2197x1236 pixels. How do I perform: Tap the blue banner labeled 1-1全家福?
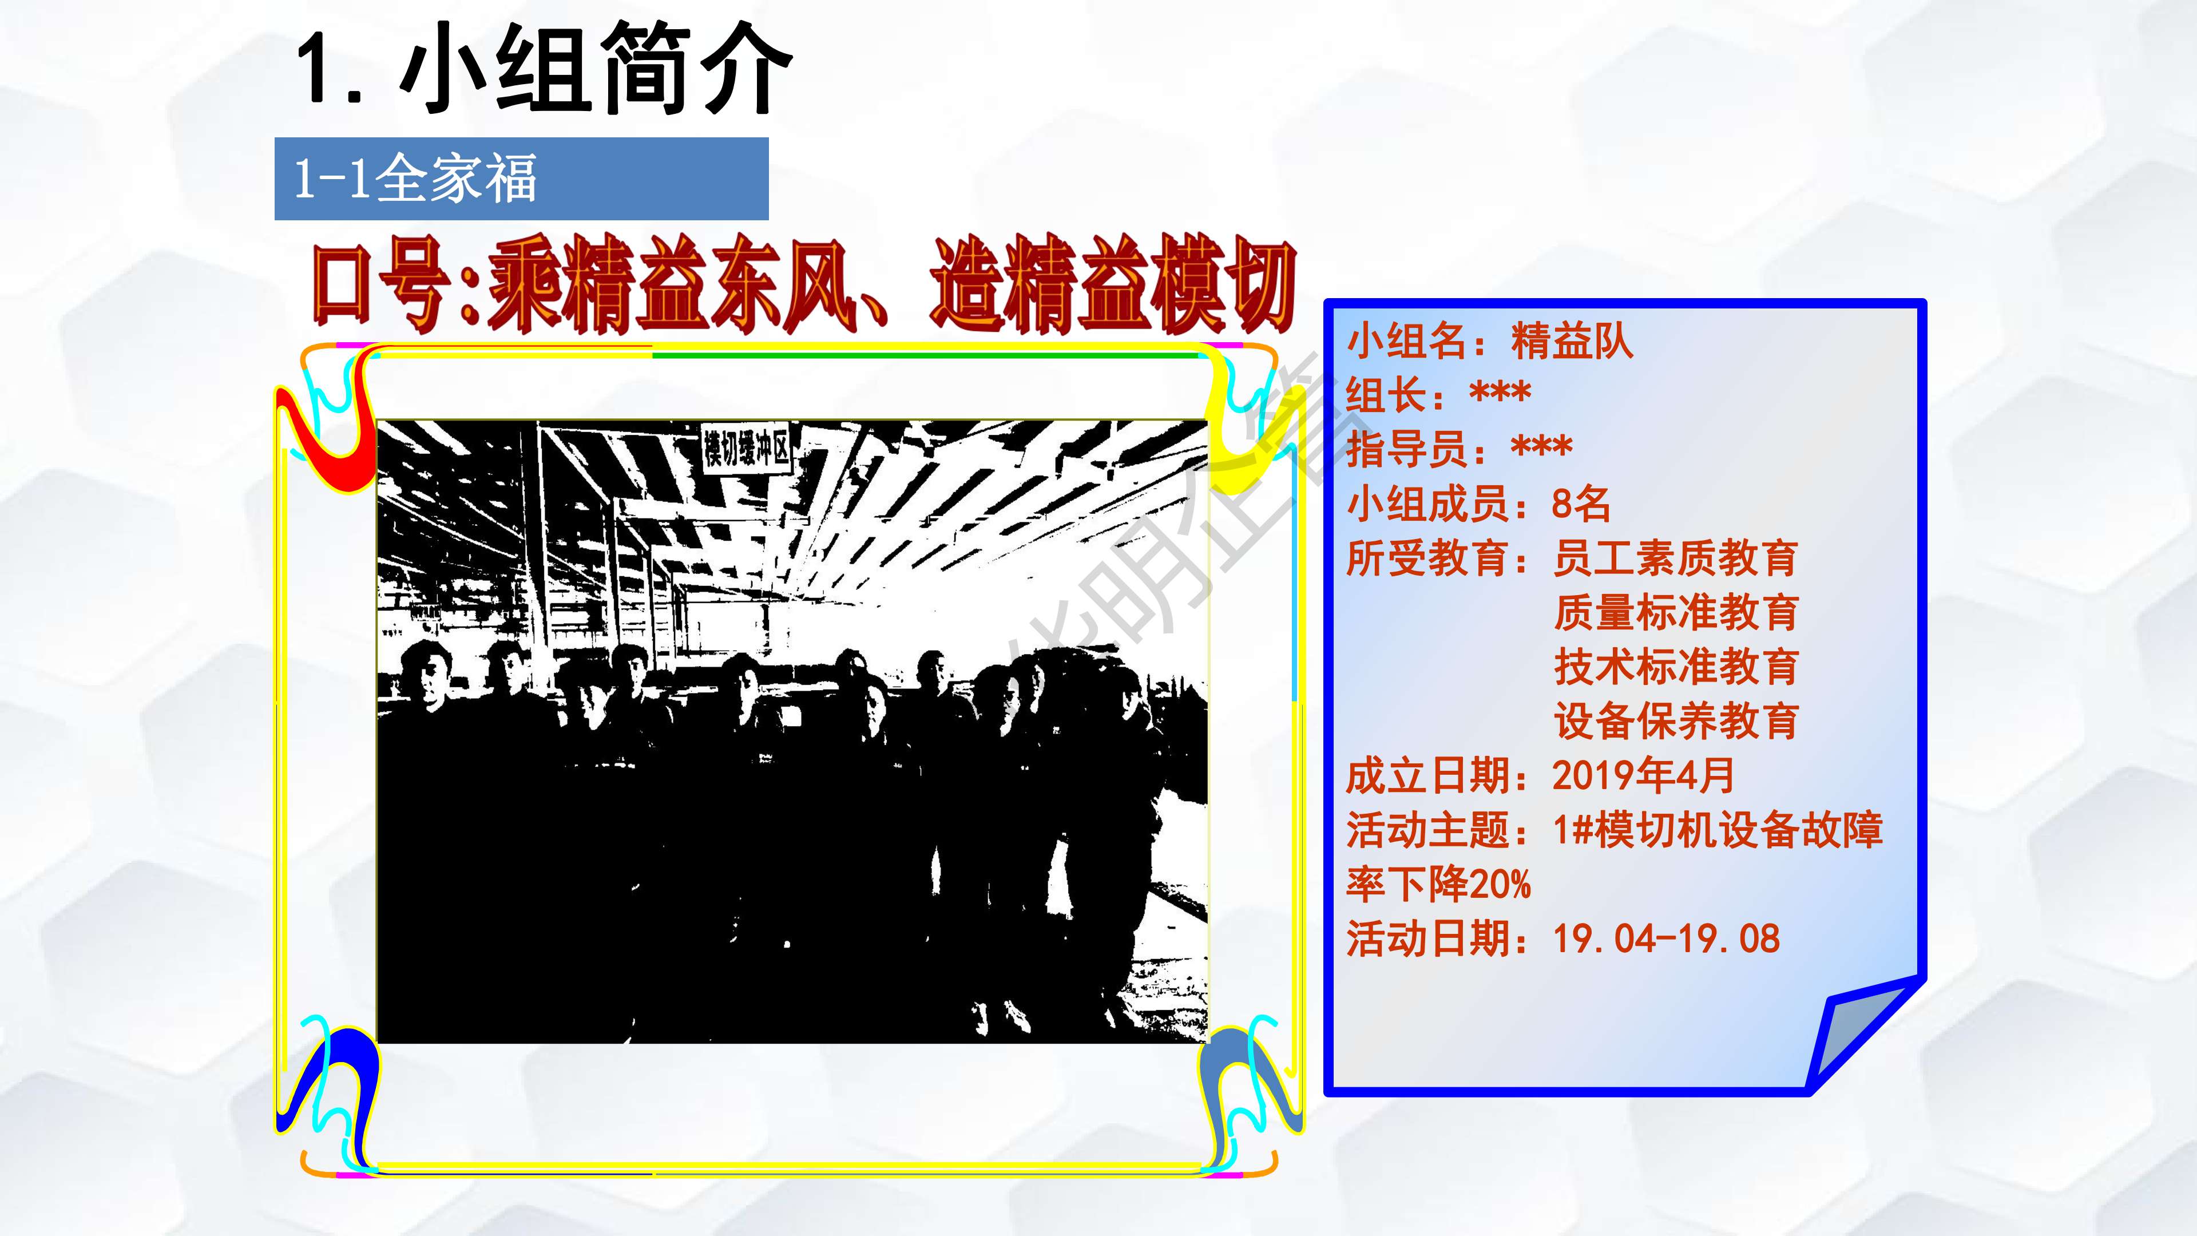521,179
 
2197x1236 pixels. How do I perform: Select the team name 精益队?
1572,341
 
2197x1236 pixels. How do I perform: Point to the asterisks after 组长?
1500,394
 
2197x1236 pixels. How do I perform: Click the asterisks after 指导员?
1541,449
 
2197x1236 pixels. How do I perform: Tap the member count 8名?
1580,504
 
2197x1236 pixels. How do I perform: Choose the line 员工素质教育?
1675,558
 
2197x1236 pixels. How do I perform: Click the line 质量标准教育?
1675,612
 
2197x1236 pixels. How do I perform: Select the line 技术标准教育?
1675,667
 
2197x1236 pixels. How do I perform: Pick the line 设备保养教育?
1675,722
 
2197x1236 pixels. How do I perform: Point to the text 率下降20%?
1439,885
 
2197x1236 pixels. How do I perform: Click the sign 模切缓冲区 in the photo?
746,449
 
